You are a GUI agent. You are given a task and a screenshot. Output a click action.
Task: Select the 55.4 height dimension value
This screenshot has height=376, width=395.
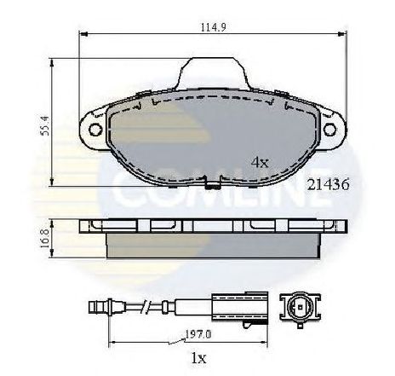click(x=45, y=125)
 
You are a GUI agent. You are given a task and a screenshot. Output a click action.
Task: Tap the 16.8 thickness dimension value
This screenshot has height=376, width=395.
click(x=45, y=238)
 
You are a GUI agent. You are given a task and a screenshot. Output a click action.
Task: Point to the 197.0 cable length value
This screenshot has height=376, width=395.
click(x=198, y=334)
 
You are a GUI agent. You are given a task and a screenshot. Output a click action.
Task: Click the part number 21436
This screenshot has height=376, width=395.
click(x=329, y=185)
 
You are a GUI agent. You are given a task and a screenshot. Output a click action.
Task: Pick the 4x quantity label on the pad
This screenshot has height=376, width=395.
click(x=260, y=162)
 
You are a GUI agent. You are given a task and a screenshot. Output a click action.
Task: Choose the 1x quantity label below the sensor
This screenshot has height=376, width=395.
click(x=198, y=358)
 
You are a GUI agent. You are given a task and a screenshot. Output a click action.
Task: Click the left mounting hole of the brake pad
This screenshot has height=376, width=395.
click(x=95, y=130)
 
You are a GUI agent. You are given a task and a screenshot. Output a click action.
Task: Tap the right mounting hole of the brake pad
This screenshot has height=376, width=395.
click(x=329, y=130)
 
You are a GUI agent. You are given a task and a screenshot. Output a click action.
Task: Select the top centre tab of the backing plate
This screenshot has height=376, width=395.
click(x=214, y=73)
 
